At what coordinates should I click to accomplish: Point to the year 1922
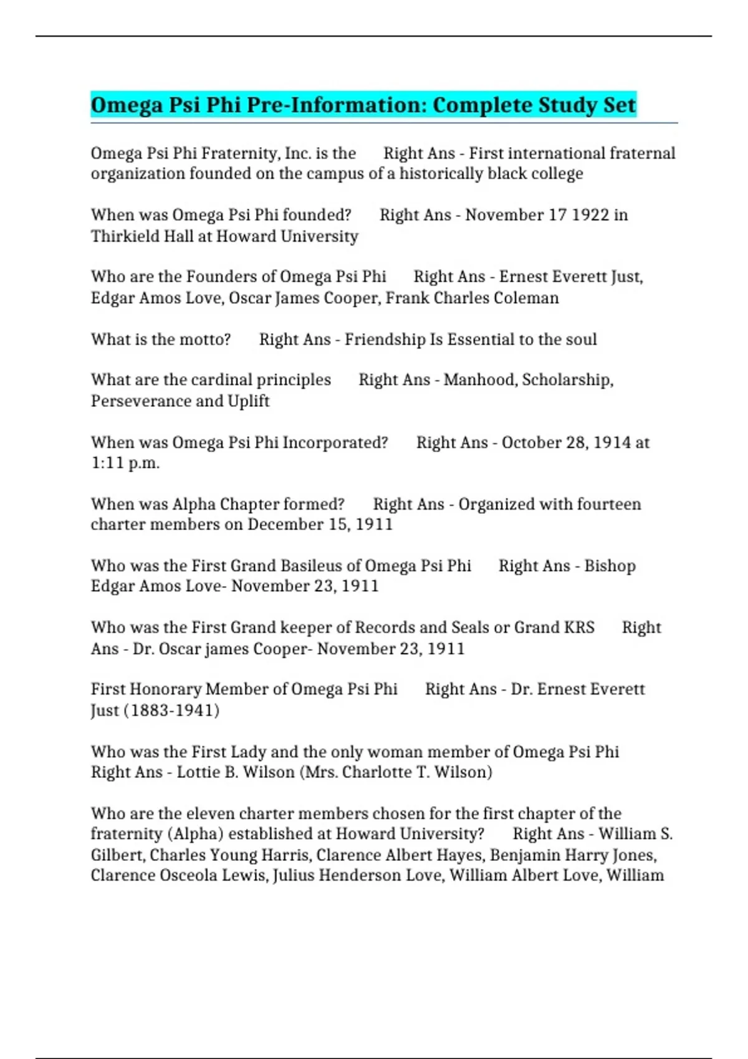tap(590, 215)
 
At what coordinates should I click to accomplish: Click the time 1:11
tap(107, 463)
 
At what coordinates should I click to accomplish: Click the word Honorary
tap(164, 689)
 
